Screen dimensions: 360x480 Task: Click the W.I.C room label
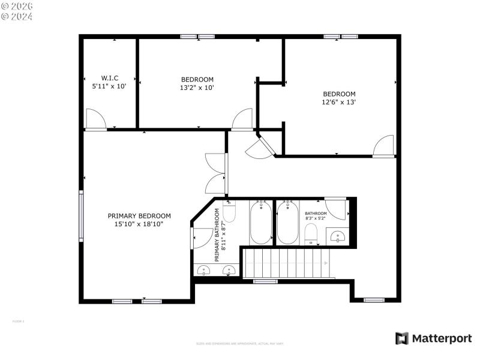(109, 78)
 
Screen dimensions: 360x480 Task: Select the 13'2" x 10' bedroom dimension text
(197, 88)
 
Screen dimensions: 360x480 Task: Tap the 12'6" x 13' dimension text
(339, 102)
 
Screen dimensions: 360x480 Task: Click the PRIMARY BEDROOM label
(139, 216)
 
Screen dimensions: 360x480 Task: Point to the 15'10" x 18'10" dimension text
(139, 224)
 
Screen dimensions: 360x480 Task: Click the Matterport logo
(433, 338)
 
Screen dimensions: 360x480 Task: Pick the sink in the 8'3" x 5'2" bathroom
(338, 236)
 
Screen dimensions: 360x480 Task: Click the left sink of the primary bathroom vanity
(205, 271)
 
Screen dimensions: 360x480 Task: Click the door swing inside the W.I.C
(95, 119)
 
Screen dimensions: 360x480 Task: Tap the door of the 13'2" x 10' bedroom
(242, 119)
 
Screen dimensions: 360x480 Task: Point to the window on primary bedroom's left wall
(81, 215)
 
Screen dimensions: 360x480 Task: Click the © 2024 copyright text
(17, 16)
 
